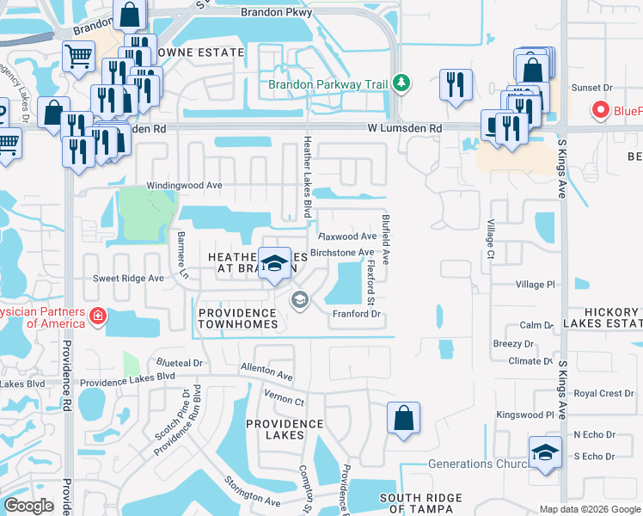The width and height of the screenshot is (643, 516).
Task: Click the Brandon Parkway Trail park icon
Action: [x=401, y=84]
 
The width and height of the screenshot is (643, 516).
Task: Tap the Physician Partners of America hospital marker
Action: [x=98, y=316]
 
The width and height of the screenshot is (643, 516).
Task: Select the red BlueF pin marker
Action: [x=599, y=110]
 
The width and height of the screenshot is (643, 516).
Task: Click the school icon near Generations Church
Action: [x=546, y=452]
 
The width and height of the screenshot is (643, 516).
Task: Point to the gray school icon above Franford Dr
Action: [x=300, y=299]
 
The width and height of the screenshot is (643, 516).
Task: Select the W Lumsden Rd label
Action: [x=401, y=128]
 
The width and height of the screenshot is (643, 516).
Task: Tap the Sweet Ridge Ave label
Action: [x=128, y=279]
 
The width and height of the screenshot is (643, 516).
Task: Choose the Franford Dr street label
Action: [x=356, y=315]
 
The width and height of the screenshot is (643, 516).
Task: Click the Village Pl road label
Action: [x=536, y=284]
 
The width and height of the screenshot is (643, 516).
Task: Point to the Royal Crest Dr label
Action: [x=603, y=394]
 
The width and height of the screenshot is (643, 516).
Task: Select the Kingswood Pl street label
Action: [x=525, y=415]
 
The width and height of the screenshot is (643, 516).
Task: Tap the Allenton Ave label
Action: [x=266, y=370]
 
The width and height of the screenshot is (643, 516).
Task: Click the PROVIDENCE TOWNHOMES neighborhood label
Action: [x=238, y=319]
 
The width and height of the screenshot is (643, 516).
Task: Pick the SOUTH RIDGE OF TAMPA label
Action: [x=421, y=503]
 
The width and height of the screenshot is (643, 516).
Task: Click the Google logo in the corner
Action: [x=28, y=506]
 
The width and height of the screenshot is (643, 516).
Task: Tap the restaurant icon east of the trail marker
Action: [x=455, y=84]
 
